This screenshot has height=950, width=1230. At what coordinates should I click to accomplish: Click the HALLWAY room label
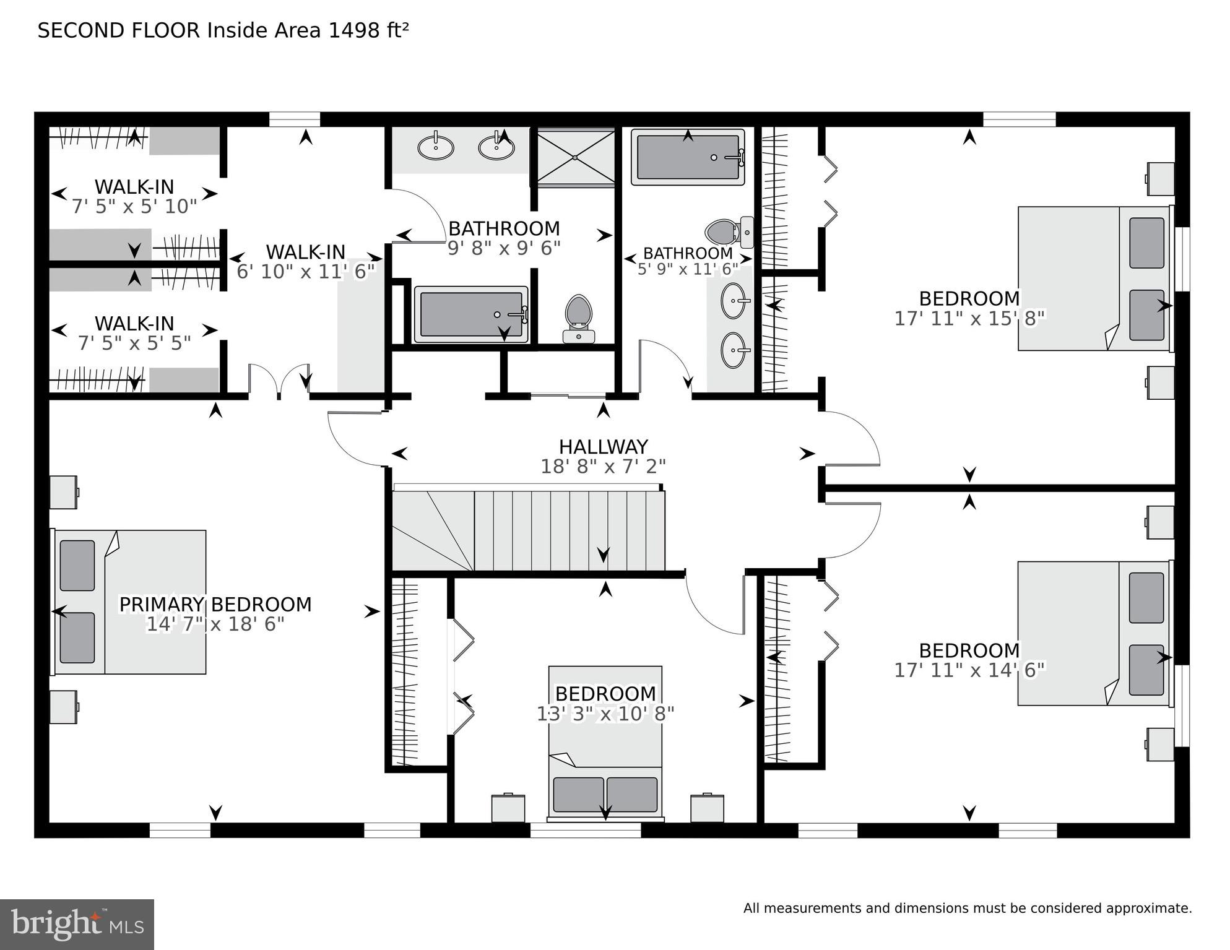click(x=603, y=447)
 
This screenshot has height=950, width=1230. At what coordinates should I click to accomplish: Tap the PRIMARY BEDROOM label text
click(x=215, y=605)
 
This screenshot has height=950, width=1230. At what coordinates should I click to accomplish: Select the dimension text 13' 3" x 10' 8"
click(x=605, y=714)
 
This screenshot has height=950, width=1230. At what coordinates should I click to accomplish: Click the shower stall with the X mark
click(x=575, y=157)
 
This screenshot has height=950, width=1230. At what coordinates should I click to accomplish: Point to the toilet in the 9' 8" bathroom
click(x=579, y=318)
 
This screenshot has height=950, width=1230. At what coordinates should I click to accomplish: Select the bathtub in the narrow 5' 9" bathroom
click(x=688, y=157)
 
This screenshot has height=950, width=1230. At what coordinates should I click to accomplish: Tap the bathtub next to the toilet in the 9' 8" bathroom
click(x=471, y=314)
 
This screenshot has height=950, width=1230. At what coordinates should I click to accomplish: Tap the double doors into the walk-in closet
click(x=279, y=381)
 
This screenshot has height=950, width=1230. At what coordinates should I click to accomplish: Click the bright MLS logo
click(x=77, y=925)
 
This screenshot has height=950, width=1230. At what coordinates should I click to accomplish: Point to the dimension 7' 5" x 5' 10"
click(x=134, y=206)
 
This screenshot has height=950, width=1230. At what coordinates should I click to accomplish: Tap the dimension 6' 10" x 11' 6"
click(x=306, y=271)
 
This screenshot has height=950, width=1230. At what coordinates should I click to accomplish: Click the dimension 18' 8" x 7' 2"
click(x=603, y=467)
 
